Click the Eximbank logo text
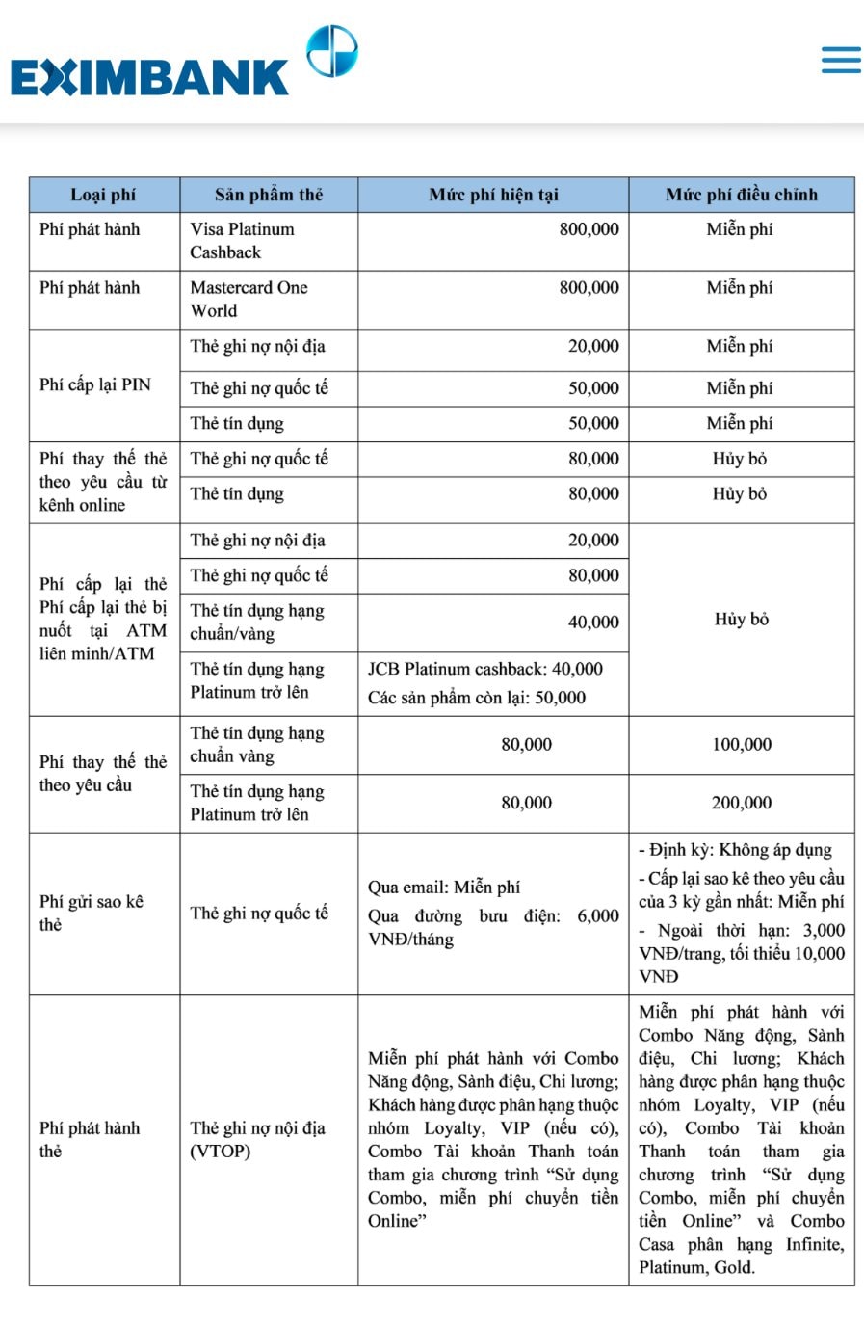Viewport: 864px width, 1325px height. [149, 78]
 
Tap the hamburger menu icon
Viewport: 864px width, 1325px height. [840, 60]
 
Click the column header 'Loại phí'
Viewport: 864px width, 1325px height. [103, 195]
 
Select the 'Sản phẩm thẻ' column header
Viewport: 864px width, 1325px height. [268, 195]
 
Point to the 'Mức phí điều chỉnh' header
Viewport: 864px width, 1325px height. [741, 195]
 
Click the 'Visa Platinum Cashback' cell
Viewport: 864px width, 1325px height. [242, 241]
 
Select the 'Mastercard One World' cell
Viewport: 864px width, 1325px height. [249, 299]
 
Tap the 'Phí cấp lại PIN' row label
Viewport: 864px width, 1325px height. [95, 384]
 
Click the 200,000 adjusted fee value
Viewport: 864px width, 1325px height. [741, 803]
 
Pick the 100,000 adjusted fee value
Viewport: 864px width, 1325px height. [741, 744]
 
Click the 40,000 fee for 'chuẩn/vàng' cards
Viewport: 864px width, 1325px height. [593, 623]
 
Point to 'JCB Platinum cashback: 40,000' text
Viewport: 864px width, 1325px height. [484, 669]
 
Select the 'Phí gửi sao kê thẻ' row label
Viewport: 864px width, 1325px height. [92, 913]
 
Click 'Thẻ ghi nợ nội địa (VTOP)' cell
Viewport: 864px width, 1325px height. [257, 1139]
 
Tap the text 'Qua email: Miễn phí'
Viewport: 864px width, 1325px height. [443, 887]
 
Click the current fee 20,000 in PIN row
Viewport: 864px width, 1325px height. [593, 346]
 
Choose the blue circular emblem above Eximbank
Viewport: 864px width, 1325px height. [331, 51]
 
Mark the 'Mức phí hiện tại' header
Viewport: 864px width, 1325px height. [493, 195]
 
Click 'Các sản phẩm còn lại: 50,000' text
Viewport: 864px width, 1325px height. [476, 698]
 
